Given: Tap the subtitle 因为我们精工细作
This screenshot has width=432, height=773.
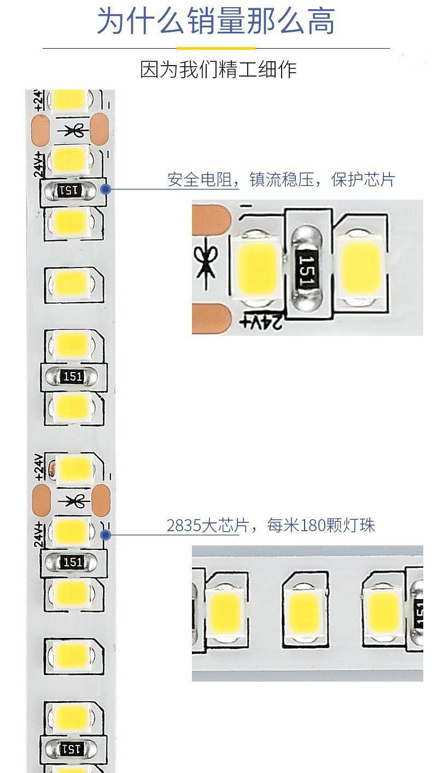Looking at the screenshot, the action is click(218, 69).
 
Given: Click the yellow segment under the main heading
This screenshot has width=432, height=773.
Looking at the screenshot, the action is click(216, 48).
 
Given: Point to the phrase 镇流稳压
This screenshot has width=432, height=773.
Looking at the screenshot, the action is click(281, 180).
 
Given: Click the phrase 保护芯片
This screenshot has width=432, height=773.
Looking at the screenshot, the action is click(363, 180).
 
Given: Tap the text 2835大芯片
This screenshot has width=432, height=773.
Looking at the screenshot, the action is click(202, 526).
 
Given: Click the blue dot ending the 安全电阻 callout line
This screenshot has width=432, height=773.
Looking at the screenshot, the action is click(106, 189).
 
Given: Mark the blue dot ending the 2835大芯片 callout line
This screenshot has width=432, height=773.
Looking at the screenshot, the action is click(106, 535).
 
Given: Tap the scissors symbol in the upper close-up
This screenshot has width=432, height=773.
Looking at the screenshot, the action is click(206, 263).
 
